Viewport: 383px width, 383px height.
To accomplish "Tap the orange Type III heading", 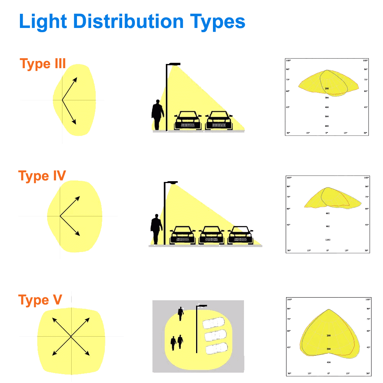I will click(43, 64).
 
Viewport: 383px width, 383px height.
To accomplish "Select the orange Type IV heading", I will click(42, 176).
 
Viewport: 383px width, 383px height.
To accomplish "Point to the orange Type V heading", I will click(40, 300).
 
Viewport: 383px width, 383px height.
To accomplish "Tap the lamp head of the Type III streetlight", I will click(175, 64).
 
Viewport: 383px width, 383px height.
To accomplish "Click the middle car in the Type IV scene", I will click(211, 235).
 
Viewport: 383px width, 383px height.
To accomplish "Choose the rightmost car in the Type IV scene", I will click(241, 235).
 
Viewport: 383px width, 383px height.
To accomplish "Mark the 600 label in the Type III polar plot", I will click(327, 126).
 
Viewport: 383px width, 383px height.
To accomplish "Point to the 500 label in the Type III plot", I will click(327, 116).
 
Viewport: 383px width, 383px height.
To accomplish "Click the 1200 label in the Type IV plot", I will click(328, 240).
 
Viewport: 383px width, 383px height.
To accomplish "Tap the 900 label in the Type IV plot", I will click(328, 226).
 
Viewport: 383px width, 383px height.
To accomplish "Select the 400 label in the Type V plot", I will click(329, 362).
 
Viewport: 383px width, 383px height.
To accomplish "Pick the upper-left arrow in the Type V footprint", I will click(61, 326).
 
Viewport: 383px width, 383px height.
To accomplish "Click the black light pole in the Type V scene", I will click(197, 329).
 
